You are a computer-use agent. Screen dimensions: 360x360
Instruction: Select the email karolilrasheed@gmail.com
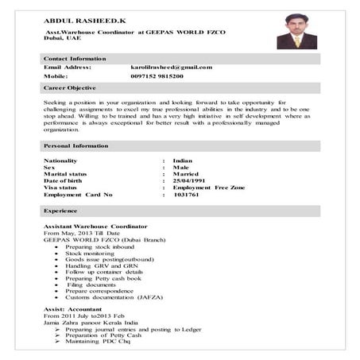point(171,68)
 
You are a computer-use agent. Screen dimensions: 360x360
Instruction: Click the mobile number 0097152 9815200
point(157,76)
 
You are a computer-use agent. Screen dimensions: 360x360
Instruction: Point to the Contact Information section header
point(75,59)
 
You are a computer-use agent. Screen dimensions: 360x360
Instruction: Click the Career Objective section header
point(70,87)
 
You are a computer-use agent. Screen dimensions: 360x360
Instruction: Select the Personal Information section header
point(74,147)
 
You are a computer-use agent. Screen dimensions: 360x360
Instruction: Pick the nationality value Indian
point(183,161)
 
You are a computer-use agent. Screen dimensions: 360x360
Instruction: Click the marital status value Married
point(185,174)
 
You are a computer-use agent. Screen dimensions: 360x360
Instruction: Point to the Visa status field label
point(60,188)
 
